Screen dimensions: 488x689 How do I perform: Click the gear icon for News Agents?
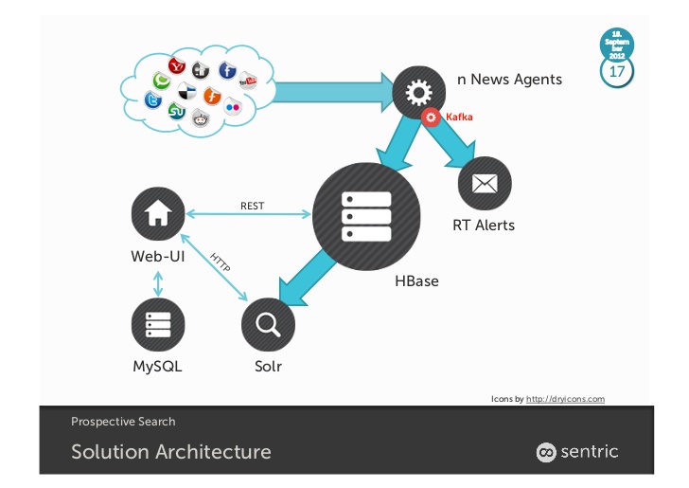pyautogui.click(x=418, y=92)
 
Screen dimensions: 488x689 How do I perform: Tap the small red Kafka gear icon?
pyautogui.click(x=432, y=117)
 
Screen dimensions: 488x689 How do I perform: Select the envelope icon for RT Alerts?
pyautogui.click(x=484, y=183)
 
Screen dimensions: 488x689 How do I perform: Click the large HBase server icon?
pyautogui.click(x=366, y=219)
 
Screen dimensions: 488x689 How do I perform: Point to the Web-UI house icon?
pyautogui.click(x=157, y=212)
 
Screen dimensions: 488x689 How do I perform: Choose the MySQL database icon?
pyautogui.click(x=157, y=325)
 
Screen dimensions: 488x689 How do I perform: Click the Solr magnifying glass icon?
pyautogui.click(x=268, y=325)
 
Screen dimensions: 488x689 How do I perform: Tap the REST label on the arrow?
pyautogui.click(x=252, y=204)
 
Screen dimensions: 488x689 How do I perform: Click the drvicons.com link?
pyautogui.click(x=565, y=399)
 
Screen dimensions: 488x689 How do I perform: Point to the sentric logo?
pyautogui.click(x=577, y=452)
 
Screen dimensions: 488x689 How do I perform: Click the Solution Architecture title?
pyautogui.click(x=170, y=452)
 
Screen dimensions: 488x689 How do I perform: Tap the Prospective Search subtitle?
pyautogui.click(x=123, y=422)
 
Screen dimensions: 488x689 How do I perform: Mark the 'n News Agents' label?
pyautogui.click(x=509, y=80)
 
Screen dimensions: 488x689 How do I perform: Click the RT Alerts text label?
pyautogui.click(x=484, y=226)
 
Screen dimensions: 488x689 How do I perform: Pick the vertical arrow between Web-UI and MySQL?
pyautogui.click(x=157, y=281)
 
